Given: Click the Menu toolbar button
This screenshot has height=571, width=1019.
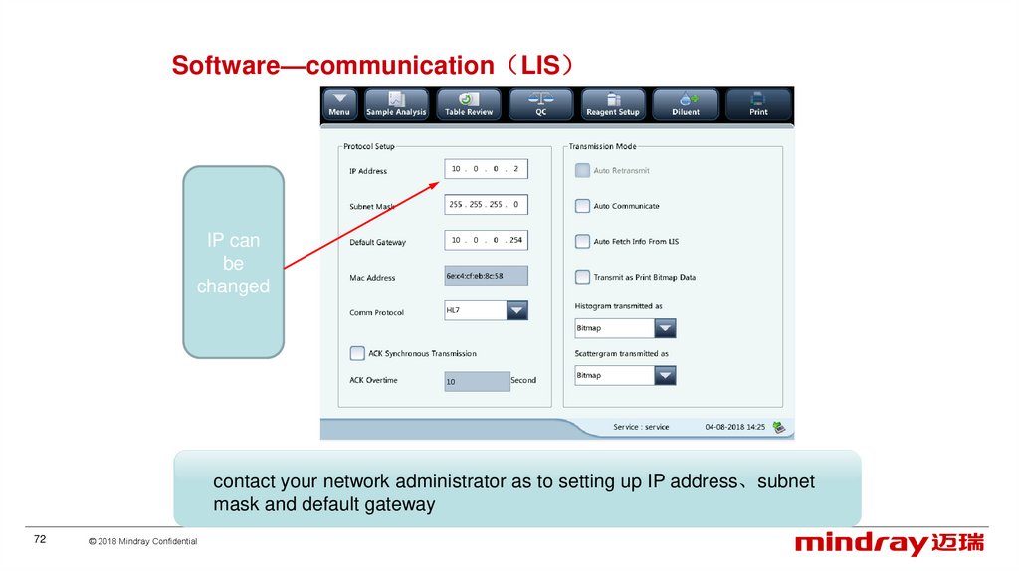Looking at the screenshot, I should pos(339,104).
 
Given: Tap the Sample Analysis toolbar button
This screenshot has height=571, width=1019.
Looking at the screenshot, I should pos(396,104).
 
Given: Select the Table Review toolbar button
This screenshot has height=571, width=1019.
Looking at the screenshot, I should pos(469,104).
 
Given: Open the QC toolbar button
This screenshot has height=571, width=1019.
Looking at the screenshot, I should pos(541,104).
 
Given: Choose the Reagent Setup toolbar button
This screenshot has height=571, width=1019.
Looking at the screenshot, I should pos(613,104).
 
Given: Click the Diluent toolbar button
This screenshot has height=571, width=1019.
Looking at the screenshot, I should pos(686,104).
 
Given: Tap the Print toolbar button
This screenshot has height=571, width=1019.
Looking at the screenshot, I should pos(758,104).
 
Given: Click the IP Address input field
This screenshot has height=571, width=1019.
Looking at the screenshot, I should pos(486,169).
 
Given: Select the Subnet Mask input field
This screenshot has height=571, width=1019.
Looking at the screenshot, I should pos(486,204).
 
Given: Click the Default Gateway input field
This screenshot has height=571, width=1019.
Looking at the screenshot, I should pos(486,240).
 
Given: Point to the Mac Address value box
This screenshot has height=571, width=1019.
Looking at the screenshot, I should pos(486,276).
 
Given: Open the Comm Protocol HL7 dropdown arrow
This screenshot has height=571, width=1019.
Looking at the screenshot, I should pos(517,310).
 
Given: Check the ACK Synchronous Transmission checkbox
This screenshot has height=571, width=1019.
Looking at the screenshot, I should pos(357,353).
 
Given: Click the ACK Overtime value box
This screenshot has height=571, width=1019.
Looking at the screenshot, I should pos(477,381).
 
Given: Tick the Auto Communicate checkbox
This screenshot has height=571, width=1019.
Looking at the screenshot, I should pos(583,206).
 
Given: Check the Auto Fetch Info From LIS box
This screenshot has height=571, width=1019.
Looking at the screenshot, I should pos(583,241).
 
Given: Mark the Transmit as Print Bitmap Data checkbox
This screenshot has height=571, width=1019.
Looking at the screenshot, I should pos(583,277).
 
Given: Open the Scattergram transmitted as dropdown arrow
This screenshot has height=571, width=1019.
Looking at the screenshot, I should pos(665,375).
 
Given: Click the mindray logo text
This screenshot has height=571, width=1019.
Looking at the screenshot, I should pos(861,543).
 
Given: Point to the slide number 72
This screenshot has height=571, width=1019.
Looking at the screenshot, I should pos(41,539).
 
